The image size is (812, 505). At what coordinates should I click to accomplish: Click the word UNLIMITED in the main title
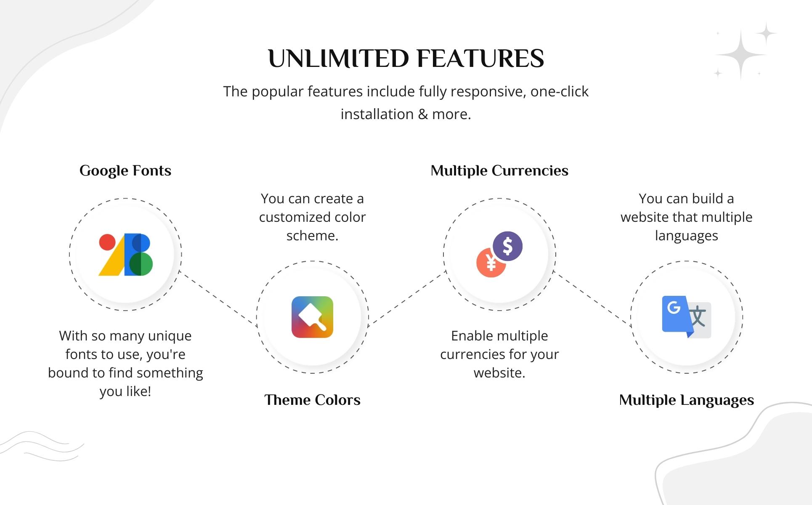pos(338,58)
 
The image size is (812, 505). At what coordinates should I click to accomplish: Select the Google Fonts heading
pos(125,171)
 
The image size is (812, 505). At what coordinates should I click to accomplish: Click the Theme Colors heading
pos(312,400)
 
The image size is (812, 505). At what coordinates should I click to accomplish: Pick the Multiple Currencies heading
pos(499,170)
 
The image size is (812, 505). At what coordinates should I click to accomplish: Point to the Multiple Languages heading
pos(686,400)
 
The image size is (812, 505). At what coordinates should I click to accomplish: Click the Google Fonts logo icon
pos(125,255)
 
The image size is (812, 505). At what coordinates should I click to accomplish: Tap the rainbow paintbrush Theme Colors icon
pos(312,317)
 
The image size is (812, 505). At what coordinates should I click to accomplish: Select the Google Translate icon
pos(687,317)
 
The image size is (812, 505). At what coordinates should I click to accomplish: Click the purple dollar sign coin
pos(508,246)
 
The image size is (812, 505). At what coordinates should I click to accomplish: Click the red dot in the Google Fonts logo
pos(107,242)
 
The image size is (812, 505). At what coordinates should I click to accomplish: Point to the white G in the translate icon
pos(674,307)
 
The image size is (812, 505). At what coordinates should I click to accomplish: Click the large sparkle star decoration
pos(740,55)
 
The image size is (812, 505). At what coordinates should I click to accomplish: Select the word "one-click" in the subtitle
pos(560,92)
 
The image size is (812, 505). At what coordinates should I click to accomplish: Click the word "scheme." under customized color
pos(312,236)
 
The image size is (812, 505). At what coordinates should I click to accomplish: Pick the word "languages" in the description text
pos(686,236)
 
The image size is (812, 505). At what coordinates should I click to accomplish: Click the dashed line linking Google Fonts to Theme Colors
pos(218,298)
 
